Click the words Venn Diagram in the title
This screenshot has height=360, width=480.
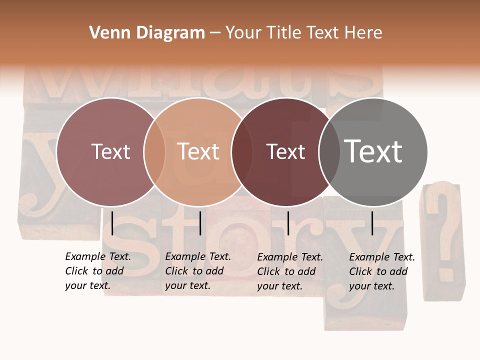click(x=147, y=33)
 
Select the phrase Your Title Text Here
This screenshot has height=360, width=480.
click(x=303, y=33)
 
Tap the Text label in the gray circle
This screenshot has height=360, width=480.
click(x=373, y=151)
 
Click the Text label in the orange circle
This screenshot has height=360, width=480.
click(x=198, y=151)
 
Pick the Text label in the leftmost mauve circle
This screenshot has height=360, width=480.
click(x=110, y=151)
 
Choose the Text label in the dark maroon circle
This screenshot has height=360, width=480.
click(x=286, y=152)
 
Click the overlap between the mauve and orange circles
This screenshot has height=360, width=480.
click(x=154, y=152)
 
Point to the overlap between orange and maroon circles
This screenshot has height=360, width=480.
click(x=242, y=152)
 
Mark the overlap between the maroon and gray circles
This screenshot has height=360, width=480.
click(x=329, y=152)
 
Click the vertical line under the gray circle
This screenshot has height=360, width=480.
click(x=372, y=223)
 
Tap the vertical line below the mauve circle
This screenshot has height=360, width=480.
click(x=112, y=223)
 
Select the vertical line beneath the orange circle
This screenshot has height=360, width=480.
click(x=200, y=223)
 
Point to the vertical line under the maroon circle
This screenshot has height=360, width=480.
click(x=288, y=223)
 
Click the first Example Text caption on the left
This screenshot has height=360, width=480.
click(x=98, y=271)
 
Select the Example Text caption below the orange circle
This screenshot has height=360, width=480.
click(x=198, y=271)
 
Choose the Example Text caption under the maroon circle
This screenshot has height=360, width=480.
click(x=290, y=271)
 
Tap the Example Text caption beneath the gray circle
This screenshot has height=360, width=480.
click(x=382, y=271)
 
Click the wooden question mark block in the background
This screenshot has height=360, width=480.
click(x=443, y=240)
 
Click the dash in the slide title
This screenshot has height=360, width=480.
click(x=214, y=33)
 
